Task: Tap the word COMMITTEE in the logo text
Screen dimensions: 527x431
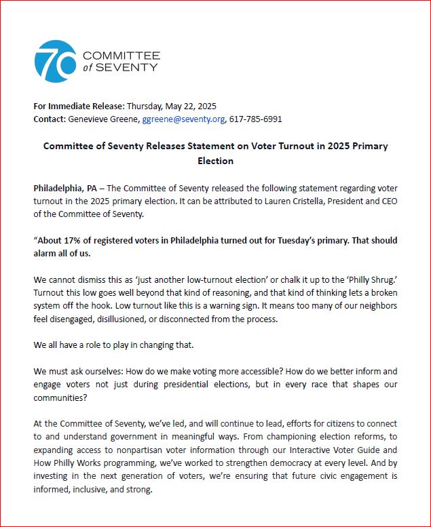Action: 121,54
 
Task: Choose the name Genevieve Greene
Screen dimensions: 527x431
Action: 103,119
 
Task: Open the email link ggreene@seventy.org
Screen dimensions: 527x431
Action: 183,119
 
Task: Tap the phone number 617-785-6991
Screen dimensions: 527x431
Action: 255,119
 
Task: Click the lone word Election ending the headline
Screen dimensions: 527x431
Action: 215,161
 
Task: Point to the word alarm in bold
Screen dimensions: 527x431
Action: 47,254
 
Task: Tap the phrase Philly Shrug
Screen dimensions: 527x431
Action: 373,280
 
